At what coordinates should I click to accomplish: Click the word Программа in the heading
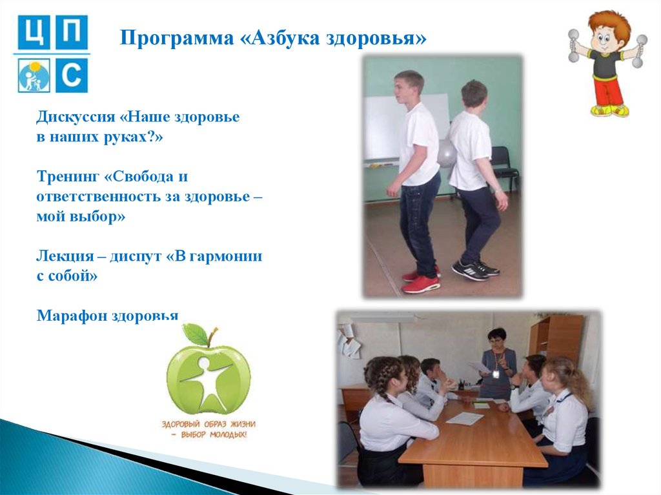coord(177,39)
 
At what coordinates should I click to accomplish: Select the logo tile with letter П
coord(72,32)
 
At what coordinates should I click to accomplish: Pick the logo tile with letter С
coord(72,76)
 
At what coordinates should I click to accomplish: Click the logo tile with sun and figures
coord(34,76)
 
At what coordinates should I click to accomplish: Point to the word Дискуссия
coord(76,117)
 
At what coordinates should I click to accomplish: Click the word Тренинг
coord(68,177)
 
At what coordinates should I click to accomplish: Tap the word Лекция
coord(65,256)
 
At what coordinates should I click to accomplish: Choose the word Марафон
coord(72,316)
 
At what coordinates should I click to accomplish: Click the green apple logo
coord(208,370)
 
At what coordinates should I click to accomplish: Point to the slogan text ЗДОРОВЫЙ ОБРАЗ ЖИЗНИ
coord(208,424)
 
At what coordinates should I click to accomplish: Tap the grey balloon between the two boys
coord(446,153)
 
